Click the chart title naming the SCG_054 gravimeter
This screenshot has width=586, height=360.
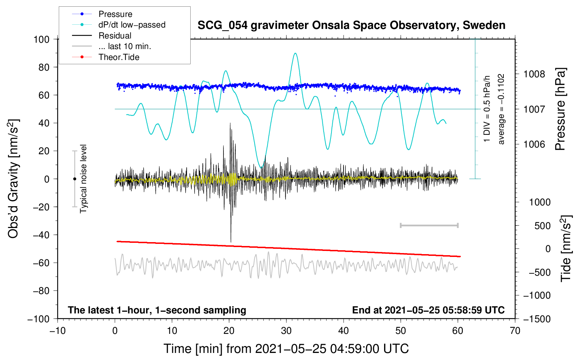click(351, 25)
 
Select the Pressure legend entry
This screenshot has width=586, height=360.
click(115, 14)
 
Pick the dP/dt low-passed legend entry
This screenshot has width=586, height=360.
click(132, 25)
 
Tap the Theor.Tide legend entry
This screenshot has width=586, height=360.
click(119, 57)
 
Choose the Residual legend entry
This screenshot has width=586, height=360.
click(115, 36)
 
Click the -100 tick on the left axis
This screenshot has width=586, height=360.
click(38, 319)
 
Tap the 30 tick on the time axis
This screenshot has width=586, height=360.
click(286, 331)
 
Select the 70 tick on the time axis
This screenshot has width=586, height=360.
click(515, 331)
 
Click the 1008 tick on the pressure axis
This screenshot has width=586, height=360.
click(534, 74)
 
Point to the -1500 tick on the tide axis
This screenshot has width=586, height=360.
click(537, 319)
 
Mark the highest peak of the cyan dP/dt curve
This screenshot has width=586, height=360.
click(295, 53)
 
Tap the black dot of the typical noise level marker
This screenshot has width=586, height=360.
click(74, 179)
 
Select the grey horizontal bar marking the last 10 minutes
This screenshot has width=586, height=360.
click(429, 225)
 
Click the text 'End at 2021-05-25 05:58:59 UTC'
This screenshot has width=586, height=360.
click(428, 310)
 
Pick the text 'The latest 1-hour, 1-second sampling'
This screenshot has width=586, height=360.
click(157, 310)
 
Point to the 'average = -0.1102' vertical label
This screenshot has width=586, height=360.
click(501, 109)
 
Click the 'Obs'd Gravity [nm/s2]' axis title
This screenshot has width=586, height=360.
click(13, 179)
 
